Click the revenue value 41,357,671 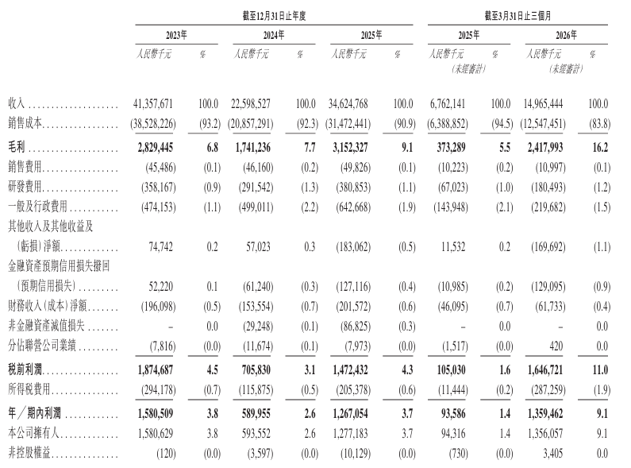153,104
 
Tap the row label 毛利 17,148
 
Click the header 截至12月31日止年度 274,16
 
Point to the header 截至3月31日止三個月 517,16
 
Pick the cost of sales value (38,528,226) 153,124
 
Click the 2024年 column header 274,35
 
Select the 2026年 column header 566,35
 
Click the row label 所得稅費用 29,389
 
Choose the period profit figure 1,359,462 545,414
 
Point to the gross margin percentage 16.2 600,148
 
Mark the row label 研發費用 25,187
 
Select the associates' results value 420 556,346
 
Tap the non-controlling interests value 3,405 553,454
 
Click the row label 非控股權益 29,454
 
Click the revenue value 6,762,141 448,104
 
